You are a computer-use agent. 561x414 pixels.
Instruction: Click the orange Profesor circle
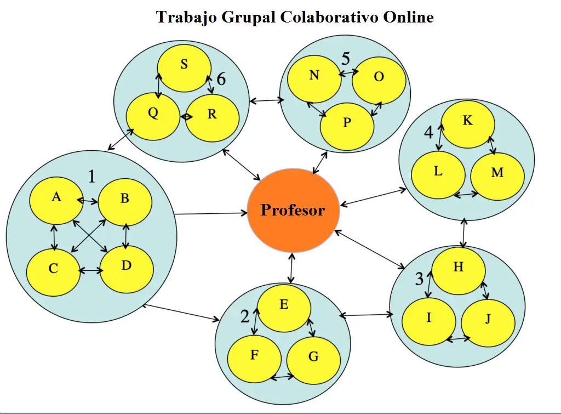[x=293, y=211]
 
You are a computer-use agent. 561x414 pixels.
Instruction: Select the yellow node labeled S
[x=184, y=68]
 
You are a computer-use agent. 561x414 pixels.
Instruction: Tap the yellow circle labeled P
[x=347, y=127]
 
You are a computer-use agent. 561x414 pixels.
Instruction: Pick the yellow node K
[x=468, y=124]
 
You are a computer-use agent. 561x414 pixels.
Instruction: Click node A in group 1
[x=56, y=201]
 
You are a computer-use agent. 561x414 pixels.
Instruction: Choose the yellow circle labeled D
[x=127, y=269]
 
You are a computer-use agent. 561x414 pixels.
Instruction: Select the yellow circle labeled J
[x=488, y=322]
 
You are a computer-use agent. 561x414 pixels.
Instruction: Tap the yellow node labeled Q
[x=153, y=116]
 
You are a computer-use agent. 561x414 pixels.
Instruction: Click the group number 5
[x=346, y=59]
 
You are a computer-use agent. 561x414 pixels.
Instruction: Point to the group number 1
[x=91, y=177]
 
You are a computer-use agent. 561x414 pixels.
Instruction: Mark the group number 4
[x=428, y=132]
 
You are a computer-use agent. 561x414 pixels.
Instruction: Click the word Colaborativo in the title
[x=329, y=17]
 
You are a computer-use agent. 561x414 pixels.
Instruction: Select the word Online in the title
[x=409, y=17]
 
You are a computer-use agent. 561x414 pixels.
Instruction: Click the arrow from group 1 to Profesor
[x=211, y=214]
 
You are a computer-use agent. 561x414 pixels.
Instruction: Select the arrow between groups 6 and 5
[x=267, y=101]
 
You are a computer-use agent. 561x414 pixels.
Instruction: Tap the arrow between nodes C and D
[x=91, y=271]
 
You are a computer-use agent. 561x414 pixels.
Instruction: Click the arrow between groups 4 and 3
[x=463, y=233]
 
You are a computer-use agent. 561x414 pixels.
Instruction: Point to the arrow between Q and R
[x=186, y=117]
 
